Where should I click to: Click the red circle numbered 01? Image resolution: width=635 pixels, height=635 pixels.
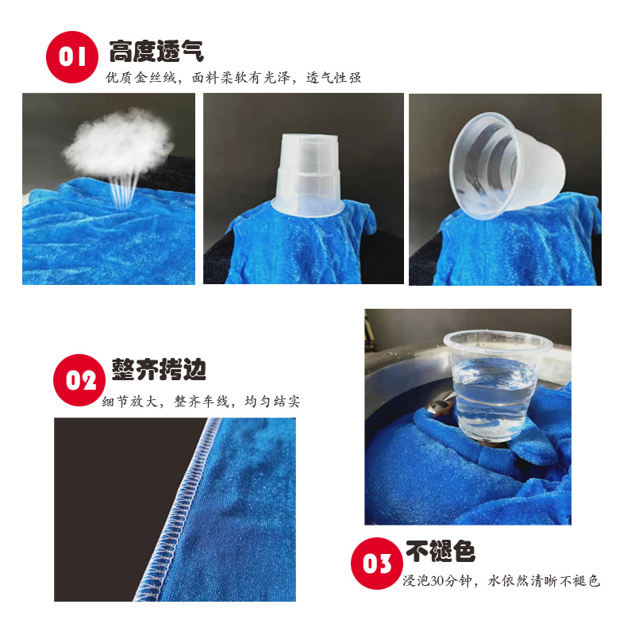pos(72,57)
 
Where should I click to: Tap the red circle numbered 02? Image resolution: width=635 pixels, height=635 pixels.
pos(79,380)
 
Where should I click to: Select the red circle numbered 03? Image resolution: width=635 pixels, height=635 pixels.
pos(377,564)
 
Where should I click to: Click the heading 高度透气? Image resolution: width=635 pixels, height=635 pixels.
pos(156,51)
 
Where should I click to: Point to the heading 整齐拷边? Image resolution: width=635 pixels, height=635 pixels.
pos(159,369)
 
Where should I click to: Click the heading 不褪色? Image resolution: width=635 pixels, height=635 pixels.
pos(441,551)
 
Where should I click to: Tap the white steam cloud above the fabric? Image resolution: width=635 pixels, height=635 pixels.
pos(118,142)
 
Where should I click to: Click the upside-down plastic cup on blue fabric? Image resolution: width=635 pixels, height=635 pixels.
pos(308,175)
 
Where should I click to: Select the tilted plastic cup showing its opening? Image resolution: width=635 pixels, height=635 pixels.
pos(506,166)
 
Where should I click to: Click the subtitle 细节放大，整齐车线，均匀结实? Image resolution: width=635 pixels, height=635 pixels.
pos(202,402)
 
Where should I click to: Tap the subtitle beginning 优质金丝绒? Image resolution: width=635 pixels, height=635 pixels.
pos(233,77)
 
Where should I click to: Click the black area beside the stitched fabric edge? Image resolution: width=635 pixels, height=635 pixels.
pos(121,494)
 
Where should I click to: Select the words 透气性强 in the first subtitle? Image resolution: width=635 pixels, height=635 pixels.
pos(333,77)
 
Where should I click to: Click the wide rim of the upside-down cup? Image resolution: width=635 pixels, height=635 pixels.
pos(308,206)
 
